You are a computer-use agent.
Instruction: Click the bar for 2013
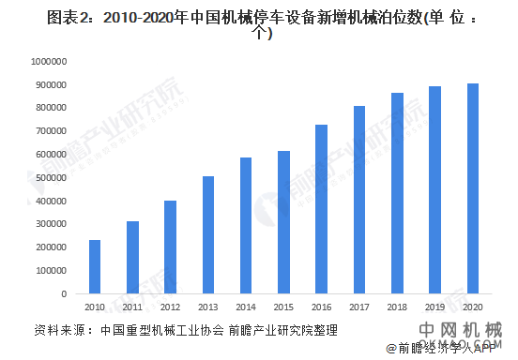pos(208,235)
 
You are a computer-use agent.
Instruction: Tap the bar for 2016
pos(321,209)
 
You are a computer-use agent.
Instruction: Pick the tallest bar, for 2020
pos(473,188)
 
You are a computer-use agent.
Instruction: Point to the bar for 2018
pos(397,193)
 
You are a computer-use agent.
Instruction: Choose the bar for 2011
pos(133,258)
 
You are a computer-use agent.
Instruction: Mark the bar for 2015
pos(283,222)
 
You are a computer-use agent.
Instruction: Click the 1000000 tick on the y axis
pos(45,62)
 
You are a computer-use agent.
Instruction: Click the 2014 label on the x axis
pos(246,307)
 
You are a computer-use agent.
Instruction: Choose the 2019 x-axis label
pos(434,307)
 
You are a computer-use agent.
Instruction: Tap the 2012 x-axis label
pos(170,307)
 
